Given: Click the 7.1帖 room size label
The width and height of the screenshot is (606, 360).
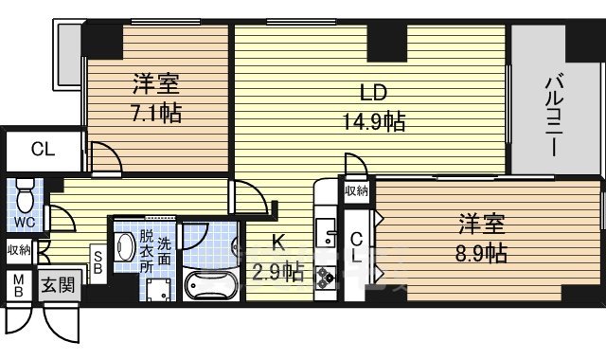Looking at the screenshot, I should pos(156,114).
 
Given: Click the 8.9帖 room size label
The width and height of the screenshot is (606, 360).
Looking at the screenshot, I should pos(482,253).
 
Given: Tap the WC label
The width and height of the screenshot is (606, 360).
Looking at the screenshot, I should pos(25,222).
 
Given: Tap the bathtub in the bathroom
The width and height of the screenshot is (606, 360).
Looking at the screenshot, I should pos(209,283).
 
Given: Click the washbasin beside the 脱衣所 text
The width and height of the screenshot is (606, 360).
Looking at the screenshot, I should pos(124,247).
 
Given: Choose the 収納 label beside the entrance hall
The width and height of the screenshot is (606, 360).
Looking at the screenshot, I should pos(19,250).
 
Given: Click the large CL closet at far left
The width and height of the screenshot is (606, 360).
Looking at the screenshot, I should pos(42,149).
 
